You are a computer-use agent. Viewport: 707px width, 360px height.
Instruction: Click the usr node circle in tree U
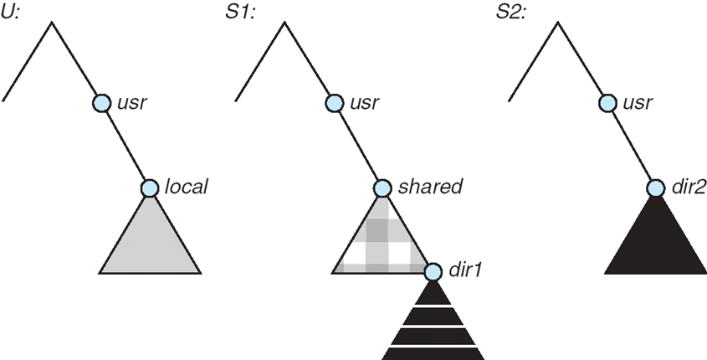101,103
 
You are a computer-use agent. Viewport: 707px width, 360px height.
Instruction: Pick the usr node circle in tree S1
333,103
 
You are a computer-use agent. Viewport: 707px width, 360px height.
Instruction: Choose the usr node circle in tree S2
607,103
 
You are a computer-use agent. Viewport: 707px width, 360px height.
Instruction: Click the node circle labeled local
150,188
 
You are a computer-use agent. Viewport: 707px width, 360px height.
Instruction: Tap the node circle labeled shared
382,188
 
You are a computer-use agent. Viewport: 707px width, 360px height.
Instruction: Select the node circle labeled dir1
433,271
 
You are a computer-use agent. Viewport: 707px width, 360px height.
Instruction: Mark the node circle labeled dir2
655,188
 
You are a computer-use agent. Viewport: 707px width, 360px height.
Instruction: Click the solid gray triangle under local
150,243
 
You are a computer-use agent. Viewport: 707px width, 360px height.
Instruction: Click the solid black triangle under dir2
655,243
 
